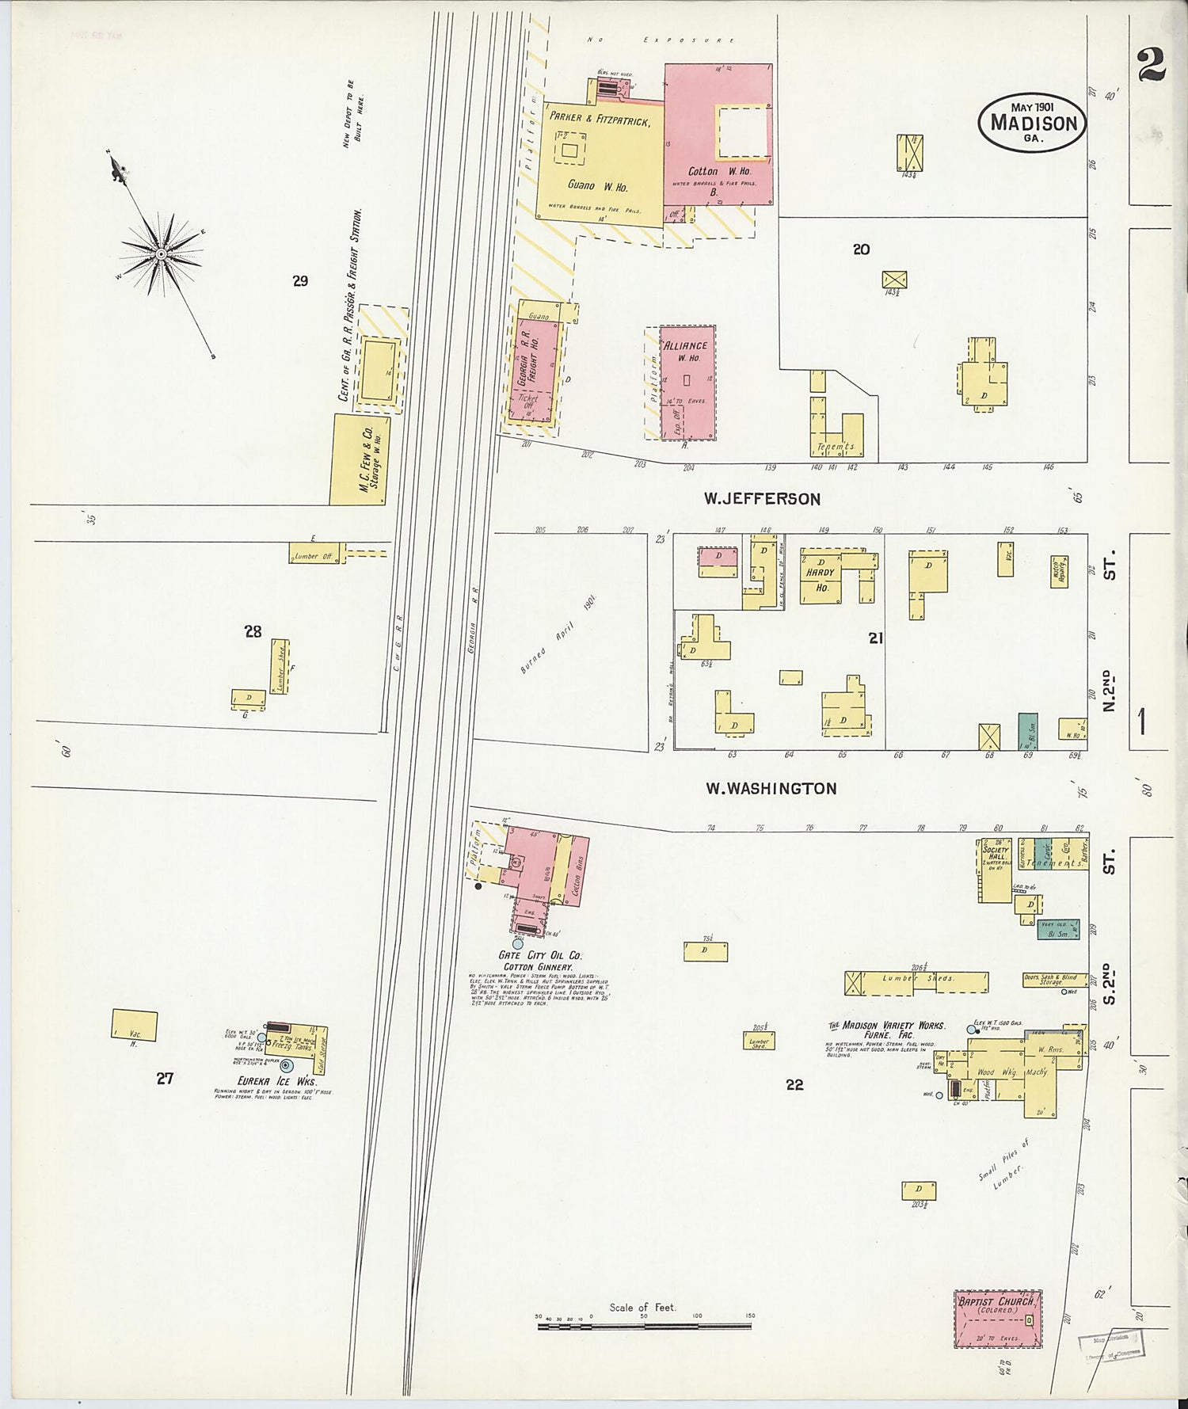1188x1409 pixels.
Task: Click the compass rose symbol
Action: (x=161, y=253)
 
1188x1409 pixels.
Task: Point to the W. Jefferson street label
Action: (x=762, y=499)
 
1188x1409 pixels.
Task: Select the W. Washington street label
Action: (x=771, y=788)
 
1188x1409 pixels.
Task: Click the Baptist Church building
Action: (x=997, y=1318)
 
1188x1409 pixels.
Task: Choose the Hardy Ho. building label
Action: (x=821, y=580)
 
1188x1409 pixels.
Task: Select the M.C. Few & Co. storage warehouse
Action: (x=360, y=459)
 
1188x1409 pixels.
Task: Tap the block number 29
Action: (x=300, y=280)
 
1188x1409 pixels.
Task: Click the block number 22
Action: (x=794, y=1085)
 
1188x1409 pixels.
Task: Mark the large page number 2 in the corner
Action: (x=1150, y=65)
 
